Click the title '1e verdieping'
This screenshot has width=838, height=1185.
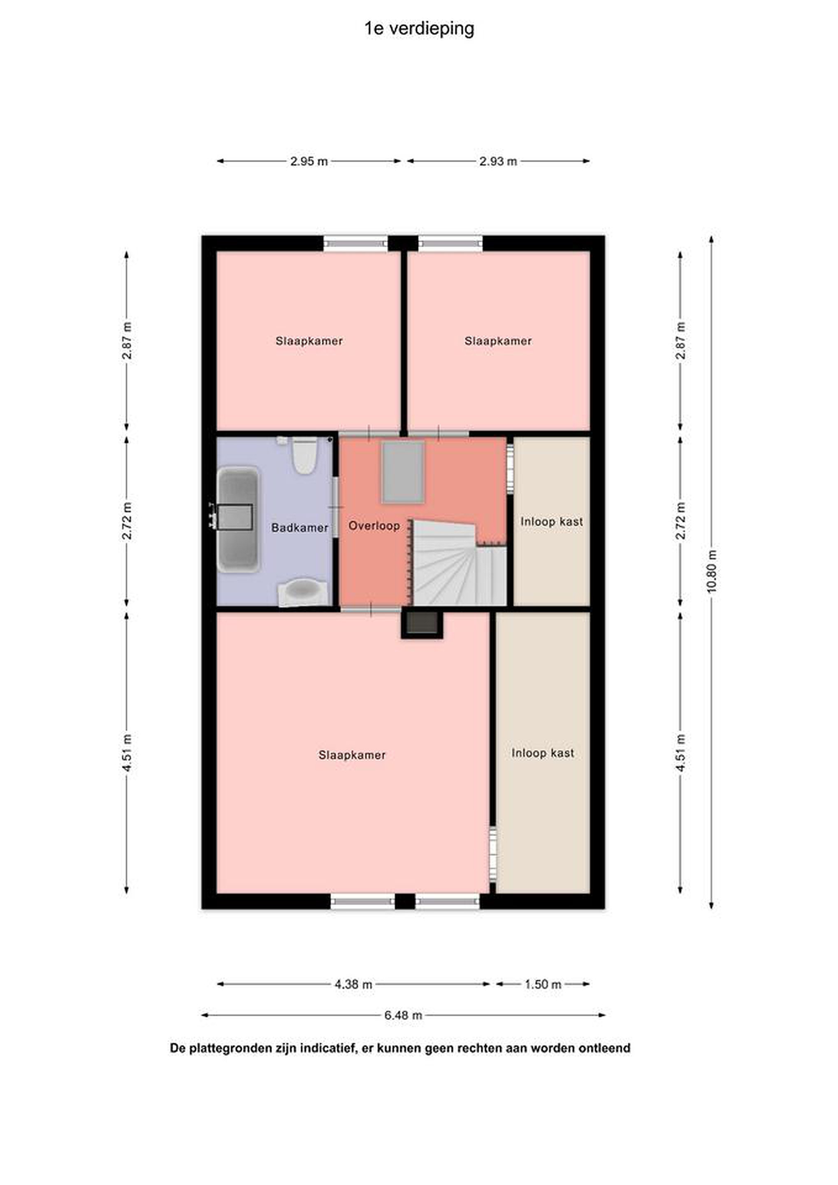tap(419, 29)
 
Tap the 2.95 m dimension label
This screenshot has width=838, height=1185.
tap(309, 161)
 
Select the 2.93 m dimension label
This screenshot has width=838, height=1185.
tap(498, 161)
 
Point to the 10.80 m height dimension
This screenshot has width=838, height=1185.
tap(712, 572)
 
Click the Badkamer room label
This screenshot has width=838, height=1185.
tap(300, 527)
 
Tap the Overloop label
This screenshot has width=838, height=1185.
tap(374, 525)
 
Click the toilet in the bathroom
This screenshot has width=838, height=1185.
tap(304, 455)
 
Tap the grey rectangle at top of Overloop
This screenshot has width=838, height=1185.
tap(403, 471)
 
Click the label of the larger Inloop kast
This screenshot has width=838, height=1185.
tap(543, 753)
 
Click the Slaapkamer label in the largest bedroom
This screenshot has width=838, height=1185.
tap(352, 755)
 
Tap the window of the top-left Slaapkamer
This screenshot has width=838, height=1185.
tap(355, 243)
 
